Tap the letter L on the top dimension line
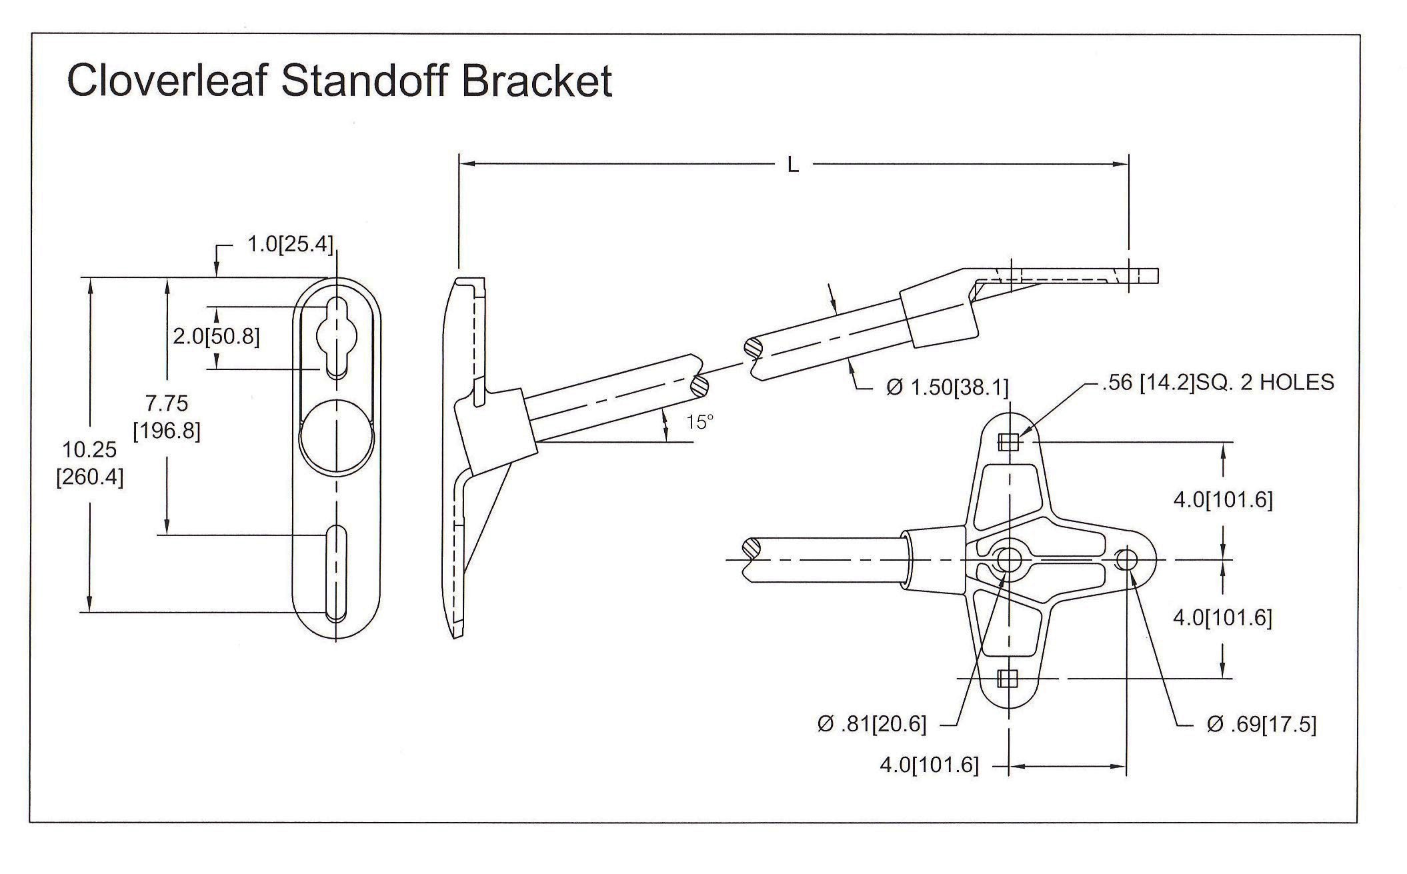(x=793, y=165)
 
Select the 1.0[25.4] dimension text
(x=289, y=245)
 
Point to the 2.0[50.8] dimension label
(x=216, y=336)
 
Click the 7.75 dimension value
(x=167, y=403)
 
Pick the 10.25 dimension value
(x=90, y=449)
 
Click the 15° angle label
(x=699, y=421)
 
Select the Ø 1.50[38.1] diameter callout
(x=947, y=387)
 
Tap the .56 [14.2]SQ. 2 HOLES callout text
(x=1216, y=382)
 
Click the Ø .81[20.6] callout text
(x=872, y=724)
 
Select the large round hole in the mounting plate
(x=337, y=433)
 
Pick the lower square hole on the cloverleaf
(x=1008, y=679)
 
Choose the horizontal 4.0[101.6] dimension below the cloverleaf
(x=929, y=765)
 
